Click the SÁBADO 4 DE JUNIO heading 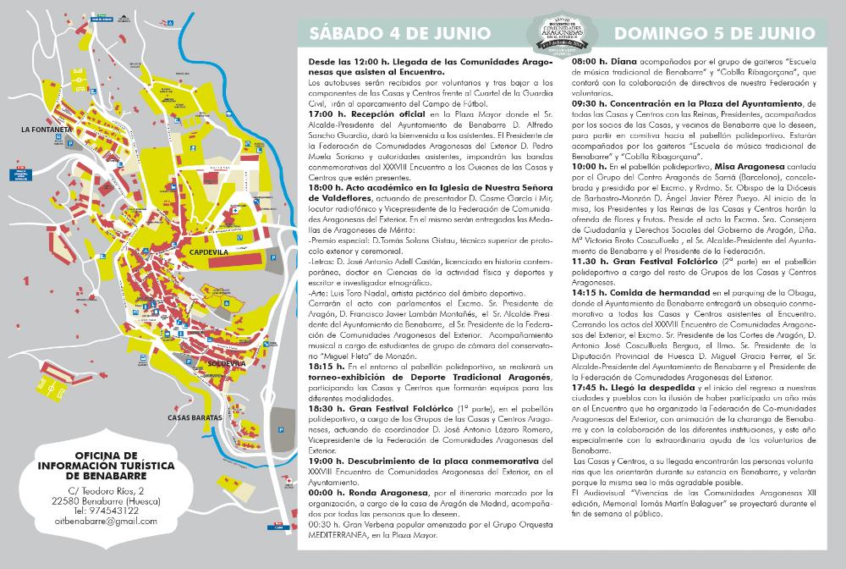400,33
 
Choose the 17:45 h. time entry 592,386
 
